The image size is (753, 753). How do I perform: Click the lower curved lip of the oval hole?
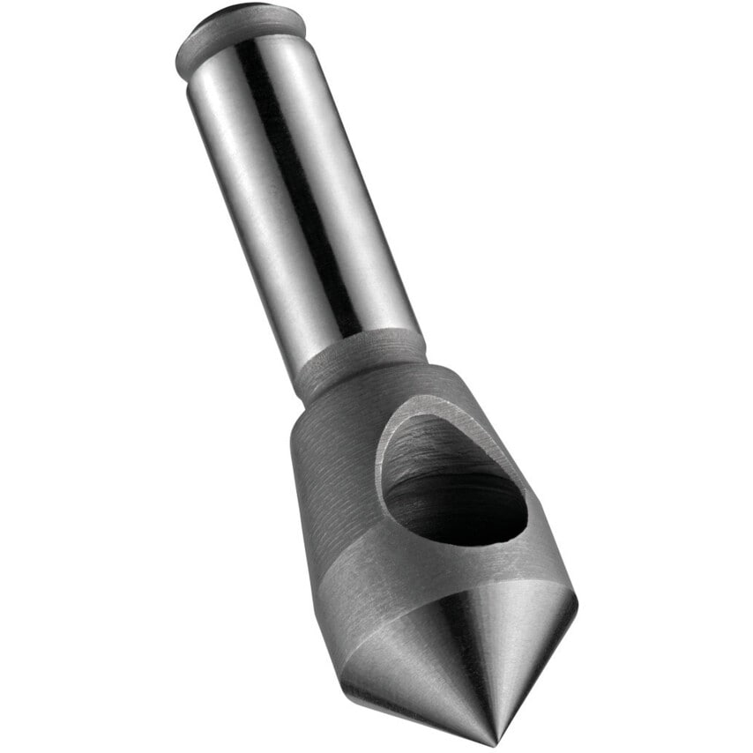(x=459, y=541)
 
